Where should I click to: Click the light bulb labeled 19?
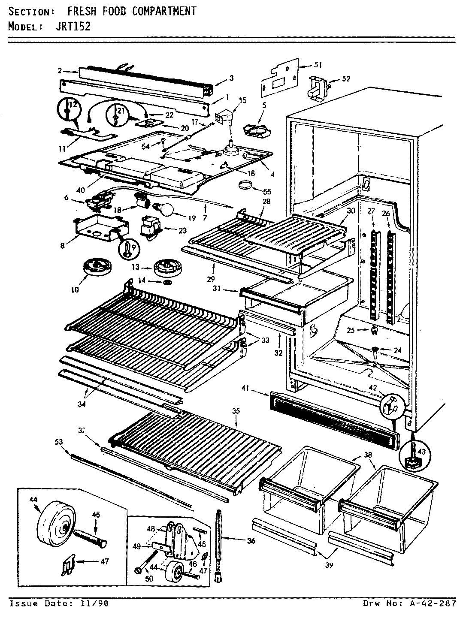[x=167, y=210]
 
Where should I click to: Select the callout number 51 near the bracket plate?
[x=318, y=65]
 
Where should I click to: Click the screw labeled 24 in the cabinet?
[x=375, y=351]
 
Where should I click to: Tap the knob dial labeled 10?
[x=94, y=268]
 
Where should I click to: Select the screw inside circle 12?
[x=67, y=111]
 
